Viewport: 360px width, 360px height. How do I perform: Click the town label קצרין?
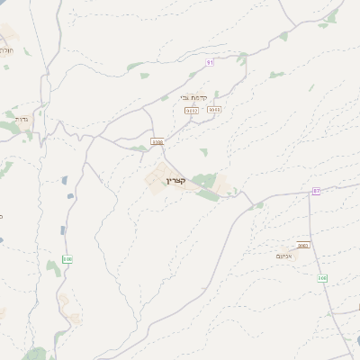175,181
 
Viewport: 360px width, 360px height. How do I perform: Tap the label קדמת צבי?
193,97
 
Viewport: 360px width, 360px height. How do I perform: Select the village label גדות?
22,118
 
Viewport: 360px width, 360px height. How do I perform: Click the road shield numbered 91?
210,62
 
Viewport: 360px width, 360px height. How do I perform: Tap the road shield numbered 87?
317,192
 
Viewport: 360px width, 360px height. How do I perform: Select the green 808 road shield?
322,278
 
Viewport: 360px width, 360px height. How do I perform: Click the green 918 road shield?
67,259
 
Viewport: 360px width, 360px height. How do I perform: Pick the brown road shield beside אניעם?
303,245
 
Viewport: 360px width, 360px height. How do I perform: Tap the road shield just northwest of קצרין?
157,141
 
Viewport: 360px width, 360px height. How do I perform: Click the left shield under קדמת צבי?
191,110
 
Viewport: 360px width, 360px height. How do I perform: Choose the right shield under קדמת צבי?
213,110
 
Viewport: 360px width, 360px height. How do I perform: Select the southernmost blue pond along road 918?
62,232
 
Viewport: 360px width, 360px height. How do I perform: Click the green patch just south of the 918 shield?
53,291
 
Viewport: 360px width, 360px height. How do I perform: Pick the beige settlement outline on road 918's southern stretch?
64,301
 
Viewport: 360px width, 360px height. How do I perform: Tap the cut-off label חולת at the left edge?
5,50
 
